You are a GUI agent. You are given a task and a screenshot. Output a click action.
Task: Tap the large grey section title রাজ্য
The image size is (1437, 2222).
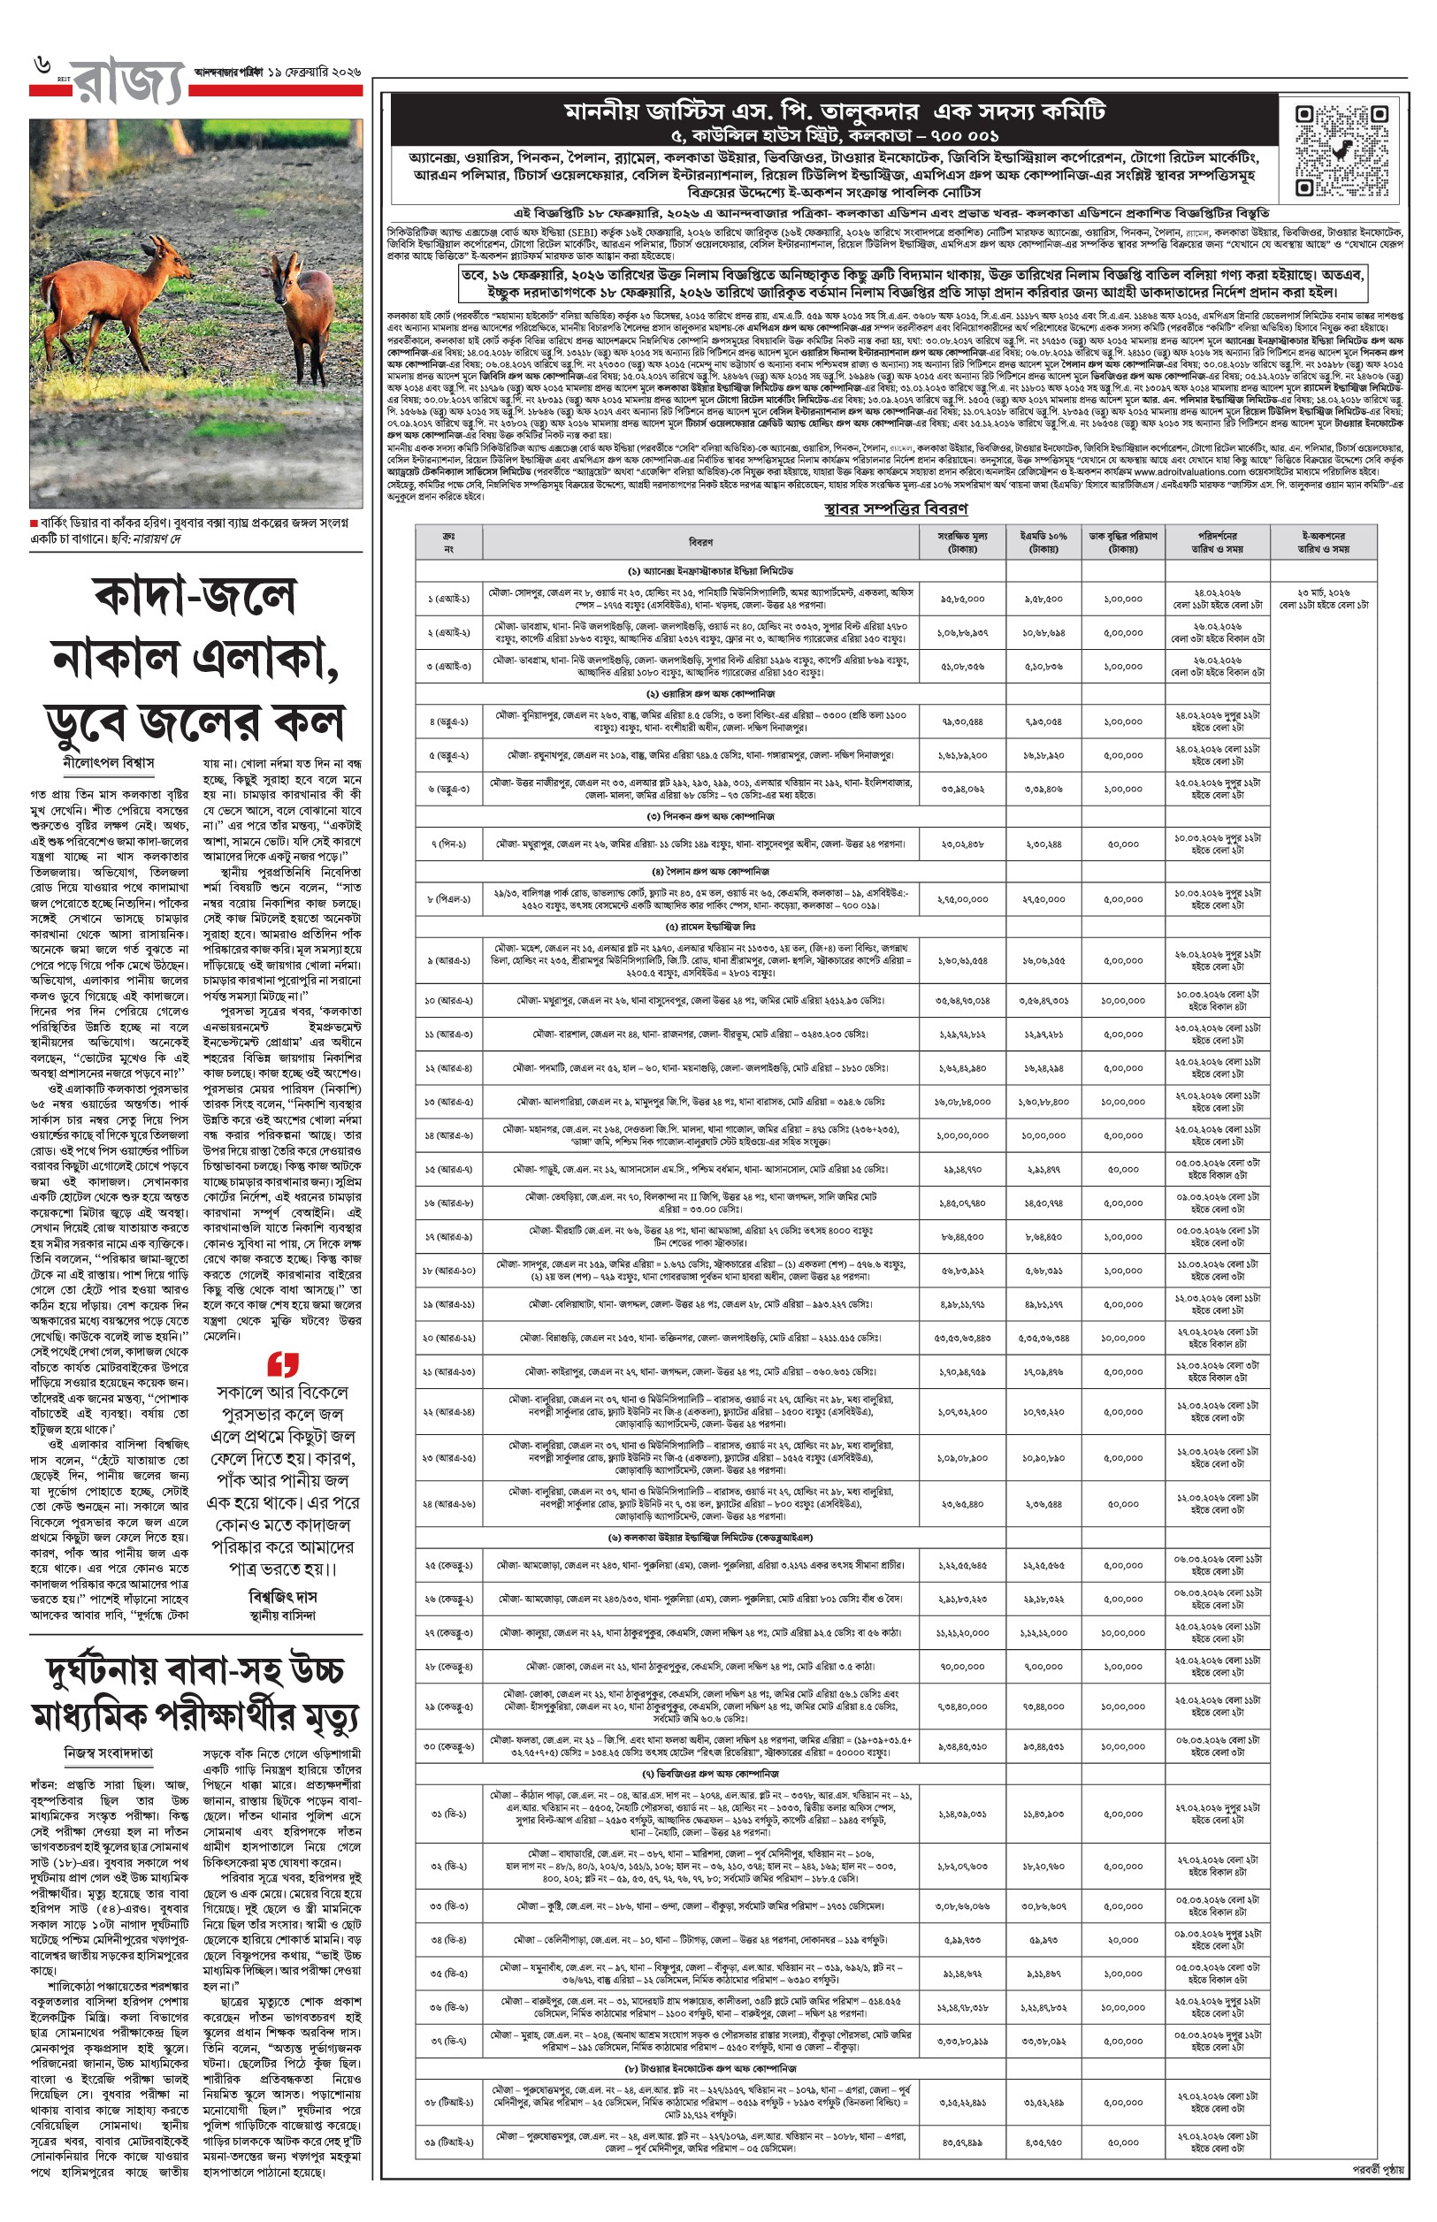point(129,82)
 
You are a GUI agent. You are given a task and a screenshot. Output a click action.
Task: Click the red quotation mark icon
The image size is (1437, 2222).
point(283,1364)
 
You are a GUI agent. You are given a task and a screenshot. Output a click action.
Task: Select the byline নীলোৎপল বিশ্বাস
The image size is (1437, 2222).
point(108,762)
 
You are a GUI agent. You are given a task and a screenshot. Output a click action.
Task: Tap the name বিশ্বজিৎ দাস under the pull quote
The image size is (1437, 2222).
point(283,1596)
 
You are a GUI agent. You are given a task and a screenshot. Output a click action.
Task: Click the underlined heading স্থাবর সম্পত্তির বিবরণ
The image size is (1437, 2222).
point(896,508)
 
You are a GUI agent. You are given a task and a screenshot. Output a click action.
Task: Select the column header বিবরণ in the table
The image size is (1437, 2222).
point(700,542)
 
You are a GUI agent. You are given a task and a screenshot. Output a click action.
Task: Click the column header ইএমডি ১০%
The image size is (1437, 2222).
point(1043,542)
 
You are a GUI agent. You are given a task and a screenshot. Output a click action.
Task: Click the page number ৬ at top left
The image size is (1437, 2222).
point(42,65)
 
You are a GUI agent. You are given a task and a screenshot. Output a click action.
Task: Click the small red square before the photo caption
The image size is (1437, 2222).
point(34,523)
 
